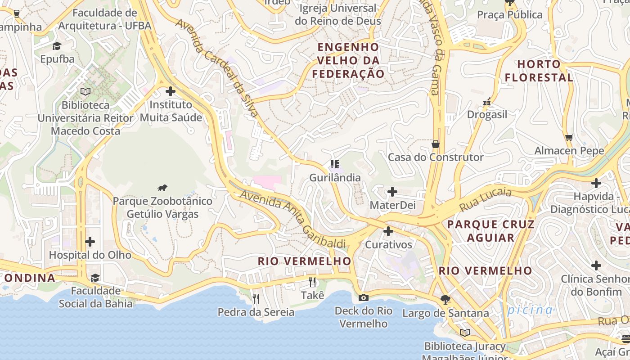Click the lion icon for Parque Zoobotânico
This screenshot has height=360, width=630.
162,188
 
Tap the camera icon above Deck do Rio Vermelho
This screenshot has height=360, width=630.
364,297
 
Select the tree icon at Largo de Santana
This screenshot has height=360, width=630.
445,299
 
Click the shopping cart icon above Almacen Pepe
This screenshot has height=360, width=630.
569,137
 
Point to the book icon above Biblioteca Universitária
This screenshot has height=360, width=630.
85,91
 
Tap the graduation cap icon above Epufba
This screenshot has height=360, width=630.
57,46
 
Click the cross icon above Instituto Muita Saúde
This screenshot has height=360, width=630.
171,91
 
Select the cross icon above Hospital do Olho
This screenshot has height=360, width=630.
90,242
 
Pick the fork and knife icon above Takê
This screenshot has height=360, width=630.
312,282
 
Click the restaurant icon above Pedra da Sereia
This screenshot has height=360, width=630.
256,298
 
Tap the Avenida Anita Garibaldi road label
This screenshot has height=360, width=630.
293,219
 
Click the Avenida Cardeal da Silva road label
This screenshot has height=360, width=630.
217,67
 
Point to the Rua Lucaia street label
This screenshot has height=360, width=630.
486,200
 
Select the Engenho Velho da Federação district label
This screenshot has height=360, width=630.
349,60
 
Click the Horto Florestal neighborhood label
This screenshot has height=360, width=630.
539,71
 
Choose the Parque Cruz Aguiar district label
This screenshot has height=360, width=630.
490,231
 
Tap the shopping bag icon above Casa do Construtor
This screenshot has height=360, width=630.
435,144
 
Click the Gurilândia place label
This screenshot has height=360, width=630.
335,178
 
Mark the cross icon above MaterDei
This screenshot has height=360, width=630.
392,192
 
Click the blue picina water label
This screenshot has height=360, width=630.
530,310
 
